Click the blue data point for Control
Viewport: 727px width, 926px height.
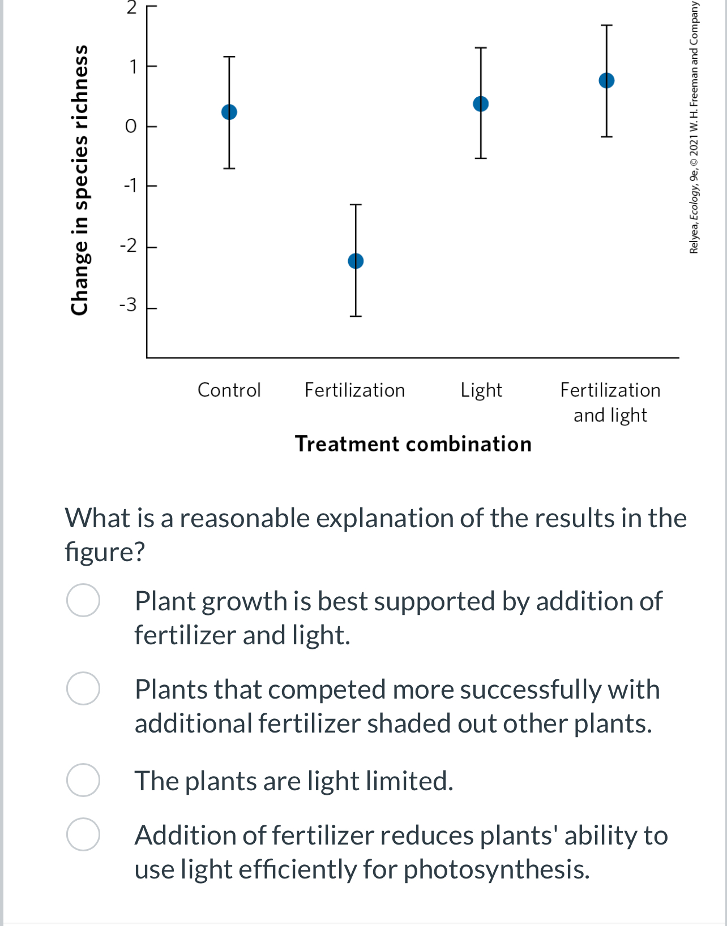[x=229, y=112]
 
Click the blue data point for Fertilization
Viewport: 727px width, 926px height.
[x=356, y=261]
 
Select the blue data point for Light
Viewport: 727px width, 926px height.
[x=481, y=104]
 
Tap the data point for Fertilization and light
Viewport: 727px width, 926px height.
[x=606, y=80]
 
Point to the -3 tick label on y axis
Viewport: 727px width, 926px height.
[x=128, y=305]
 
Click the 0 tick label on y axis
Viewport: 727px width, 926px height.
[x=131, y=126]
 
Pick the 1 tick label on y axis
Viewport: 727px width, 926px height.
[x=132, y=67]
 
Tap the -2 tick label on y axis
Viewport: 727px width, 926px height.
[x=128, y=246]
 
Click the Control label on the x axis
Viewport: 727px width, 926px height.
[x=229, y=390]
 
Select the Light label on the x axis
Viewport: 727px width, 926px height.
[x=481, y=390]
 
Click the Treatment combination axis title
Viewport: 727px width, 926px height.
[x=413, y=444]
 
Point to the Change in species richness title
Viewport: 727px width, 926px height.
[x=80, y=180]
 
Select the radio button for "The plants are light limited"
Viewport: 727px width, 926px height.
[x=83, y=780]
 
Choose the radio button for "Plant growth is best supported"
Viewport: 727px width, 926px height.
[x=83, y=600]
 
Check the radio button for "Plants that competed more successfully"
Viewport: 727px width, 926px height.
[x=83, y=688]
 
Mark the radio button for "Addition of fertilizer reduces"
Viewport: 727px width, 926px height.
[x=83, y=834]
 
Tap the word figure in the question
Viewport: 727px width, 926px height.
[x=105, y=552]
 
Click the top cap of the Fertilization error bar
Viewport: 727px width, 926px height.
[x=356, y=205]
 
